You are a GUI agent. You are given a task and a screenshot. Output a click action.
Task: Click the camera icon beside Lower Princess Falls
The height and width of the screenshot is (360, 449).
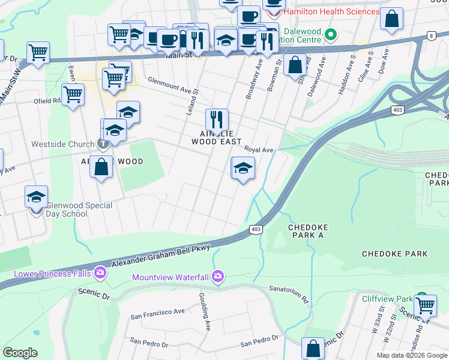100,274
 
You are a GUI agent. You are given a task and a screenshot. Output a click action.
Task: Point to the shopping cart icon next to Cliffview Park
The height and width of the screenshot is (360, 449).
425,305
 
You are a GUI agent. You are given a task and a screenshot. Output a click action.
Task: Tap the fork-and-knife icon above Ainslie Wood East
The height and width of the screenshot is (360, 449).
217,119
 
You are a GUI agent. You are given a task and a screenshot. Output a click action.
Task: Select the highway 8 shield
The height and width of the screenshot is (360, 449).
432,37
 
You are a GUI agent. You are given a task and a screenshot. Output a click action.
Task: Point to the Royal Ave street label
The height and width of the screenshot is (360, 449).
259,150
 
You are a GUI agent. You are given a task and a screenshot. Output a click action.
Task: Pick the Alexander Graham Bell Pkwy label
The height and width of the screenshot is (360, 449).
163,256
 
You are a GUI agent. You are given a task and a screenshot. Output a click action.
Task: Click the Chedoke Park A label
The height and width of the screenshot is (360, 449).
314,228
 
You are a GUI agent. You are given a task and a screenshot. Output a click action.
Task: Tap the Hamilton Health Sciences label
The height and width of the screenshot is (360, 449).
331,12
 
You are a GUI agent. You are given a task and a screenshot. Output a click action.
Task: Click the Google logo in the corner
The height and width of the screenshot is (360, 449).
20,353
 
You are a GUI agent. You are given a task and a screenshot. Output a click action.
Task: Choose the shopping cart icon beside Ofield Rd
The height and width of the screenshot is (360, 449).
73,94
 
